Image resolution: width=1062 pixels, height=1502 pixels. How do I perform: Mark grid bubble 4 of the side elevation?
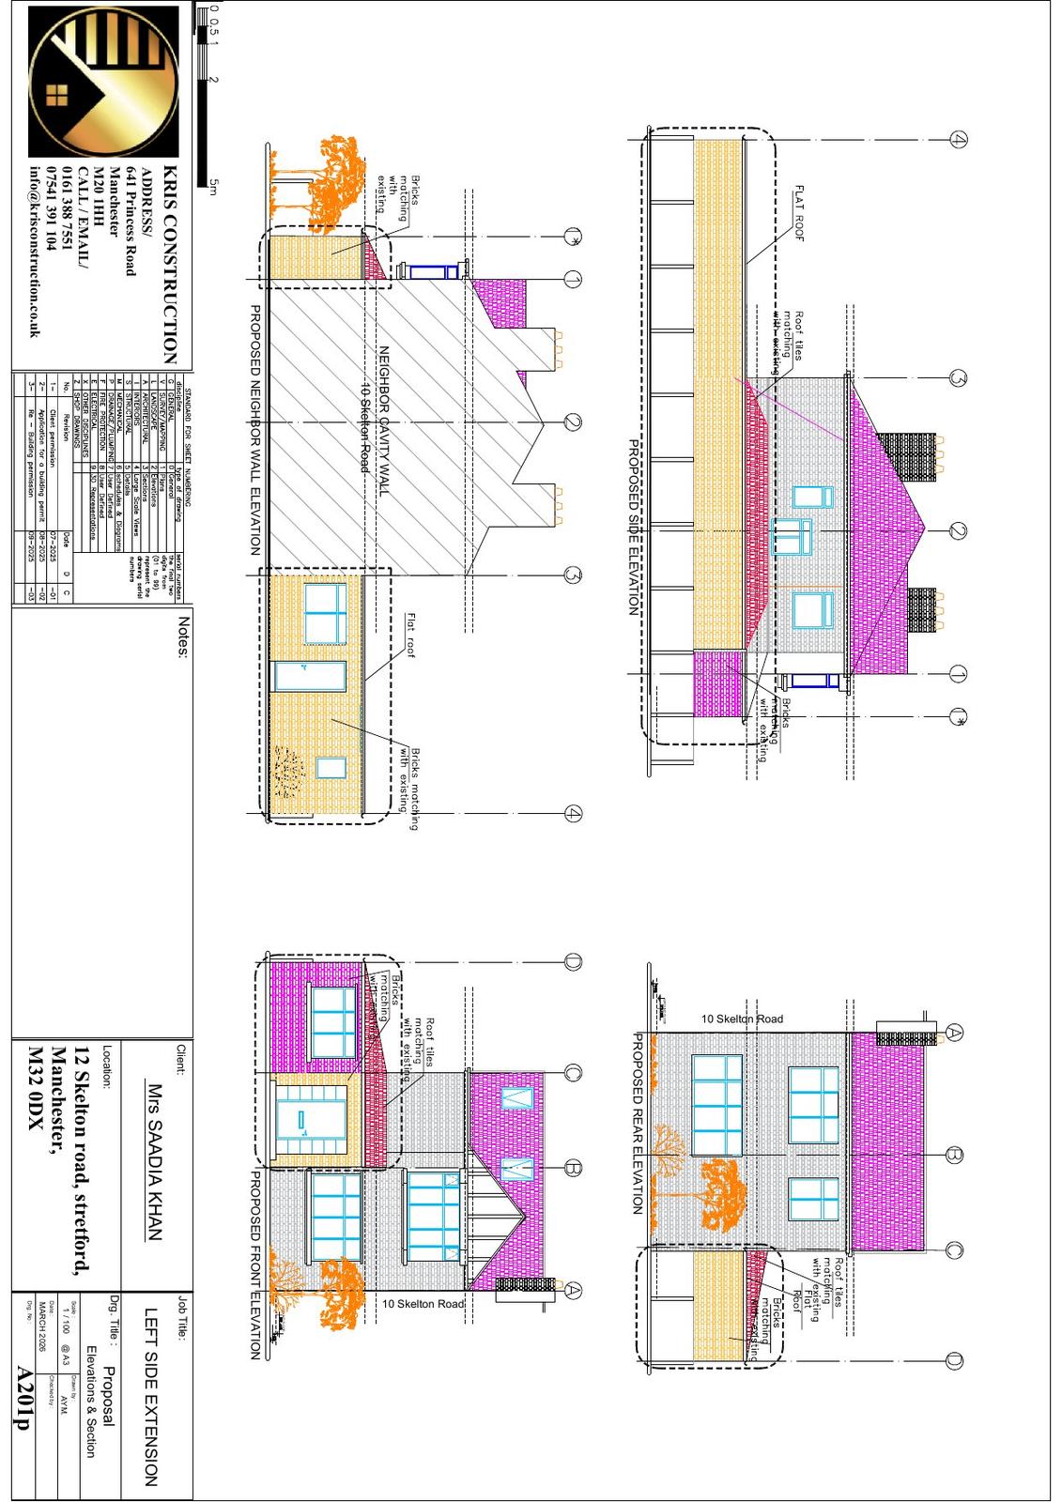pos(957,139)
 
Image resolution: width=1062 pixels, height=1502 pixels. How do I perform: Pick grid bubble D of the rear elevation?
pos(954,1360)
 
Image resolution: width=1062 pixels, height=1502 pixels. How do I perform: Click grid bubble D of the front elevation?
pos(573,961)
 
